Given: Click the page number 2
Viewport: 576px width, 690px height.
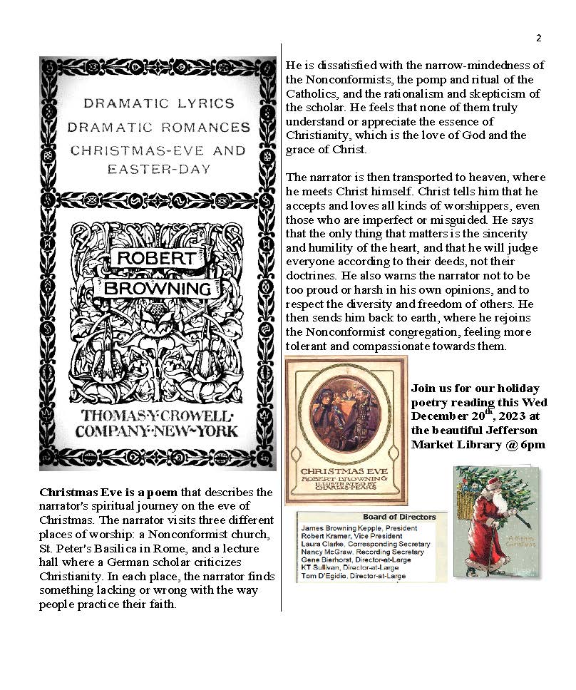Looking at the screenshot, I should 539,38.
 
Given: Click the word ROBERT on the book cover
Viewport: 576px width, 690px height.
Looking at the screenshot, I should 156,257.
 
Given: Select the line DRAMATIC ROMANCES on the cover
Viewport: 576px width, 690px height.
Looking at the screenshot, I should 158,127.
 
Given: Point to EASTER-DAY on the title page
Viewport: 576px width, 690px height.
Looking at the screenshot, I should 158,170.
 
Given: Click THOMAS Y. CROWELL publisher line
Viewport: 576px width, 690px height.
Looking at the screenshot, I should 158,416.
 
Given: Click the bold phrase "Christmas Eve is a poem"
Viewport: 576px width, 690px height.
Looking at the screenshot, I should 100,493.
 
